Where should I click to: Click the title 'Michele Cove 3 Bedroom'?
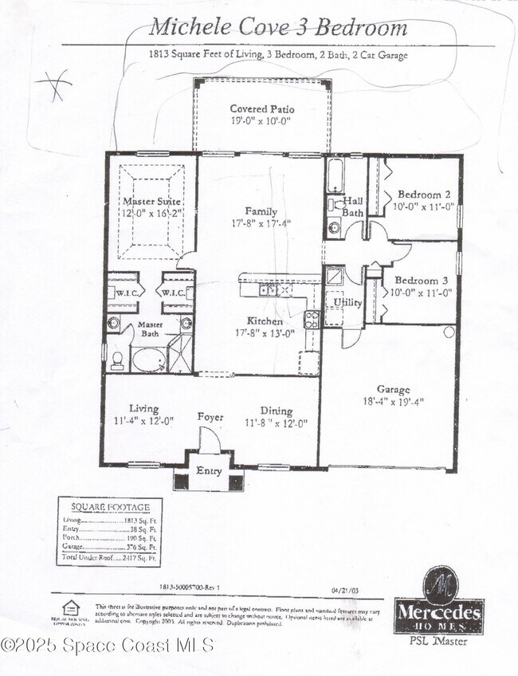[278, 28]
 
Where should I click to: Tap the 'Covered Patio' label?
[261, 109]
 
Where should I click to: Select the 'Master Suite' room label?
[151, 202]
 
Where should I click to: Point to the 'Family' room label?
[261, 211]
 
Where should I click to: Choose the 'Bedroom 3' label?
[418, 281]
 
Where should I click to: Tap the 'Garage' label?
[393, 390]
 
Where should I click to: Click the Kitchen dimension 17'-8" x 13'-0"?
[260, 333]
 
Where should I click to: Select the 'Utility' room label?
[347, 303]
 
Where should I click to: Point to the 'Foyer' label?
[211, 417]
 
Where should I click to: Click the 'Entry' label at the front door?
[209, 471]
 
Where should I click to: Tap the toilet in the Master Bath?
[117, 360]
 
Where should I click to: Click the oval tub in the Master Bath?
[148, 360]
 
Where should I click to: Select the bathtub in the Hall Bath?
[335, 175]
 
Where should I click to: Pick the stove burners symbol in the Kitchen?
[312, 320]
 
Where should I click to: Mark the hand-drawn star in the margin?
[54, 84]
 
